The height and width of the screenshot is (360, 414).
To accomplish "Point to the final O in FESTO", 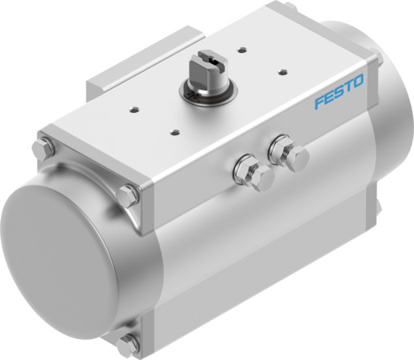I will [359, 82].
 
